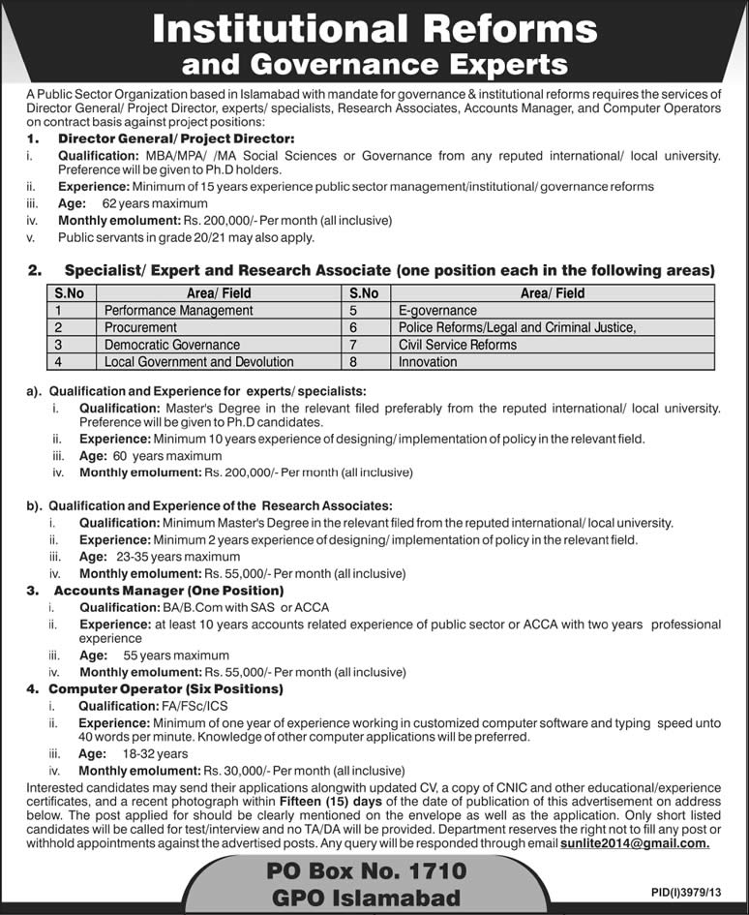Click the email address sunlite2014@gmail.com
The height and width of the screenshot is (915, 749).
(634, 843)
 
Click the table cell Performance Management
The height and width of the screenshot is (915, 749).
(179, 311)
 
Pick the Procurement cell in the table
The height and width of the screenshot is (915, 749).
(141, 327)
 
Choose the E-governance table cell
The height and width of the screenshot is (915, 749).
(437, 311)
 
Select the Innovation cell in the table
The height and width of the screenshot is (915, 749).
(428, 362)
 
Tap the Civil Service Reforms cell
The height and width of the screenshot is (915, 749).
(458, 345)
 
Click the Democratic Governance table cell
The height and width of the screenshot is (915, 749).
(172, 345)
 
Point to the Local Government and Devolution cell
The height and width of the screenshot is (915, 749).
(199, 362)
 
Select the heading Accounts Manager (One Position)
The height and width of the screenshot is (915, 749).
(168, 590)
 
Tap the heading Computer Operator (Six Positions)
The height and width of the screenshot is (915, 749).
(165, 689)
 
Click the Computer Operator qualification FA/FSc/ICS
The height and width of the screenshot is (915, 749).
(202, 706)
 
